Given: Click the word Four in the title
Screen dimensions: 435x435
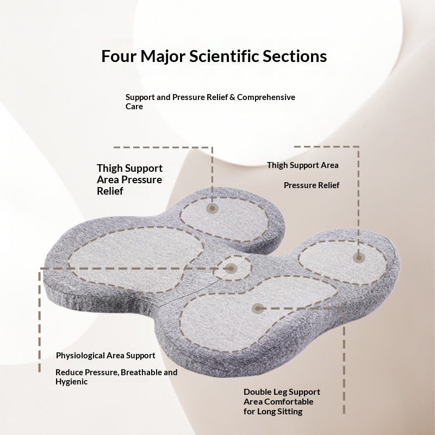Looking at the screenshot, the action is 119,56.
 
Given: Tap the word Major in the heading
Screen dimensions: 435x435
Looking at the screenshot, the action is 163,57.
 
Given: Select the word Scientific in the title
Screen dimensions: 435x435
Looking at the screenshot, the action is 224,56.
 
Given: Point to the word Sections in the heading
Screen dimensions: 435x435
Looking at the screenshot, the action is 295,56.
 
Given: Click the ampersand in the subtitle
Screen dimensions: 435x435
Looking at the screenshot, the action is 232,97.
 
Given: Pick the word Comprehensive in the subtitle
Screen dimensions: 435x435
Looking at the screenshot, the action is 266,97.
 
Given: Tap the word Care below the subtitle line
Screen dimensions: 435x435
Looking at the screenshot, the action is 134,107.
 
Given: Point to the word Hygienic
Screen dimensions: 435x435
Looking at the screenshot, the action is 72,382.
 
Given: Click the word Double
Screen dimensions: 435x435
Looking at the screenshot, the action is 257,392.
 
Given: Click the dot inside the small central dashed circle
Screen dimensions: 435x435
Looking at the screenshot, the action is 231,268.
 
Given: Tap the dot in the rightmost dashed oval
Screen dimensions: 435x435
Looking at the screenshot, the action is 359,258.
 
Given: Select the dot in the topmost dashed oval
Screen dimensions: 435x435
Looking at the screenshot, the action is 212,208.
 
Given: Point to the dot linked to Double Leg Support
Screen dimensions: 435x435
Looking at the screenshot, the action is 258,308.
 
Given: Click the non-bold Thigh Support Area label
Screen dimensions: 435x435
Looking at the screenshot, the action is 303,165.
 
